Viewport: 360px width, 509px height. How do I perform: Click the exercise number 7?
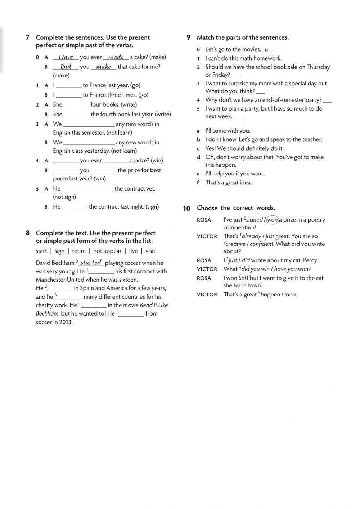(27, 37)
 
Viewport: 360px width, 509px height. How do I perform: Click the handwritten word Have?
(66, 57)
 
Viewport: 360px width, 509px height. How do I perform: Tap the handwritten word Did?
(66, 67)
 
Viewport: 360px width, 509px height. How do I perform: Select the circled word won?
(273, 220)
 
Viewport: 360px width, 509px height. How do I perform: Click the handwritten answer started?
(91, 263)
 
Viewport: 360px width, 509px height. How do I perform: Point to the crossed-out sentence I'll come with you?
(228, 131)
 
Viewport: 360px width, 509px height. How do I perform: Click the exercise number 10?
(186, 209)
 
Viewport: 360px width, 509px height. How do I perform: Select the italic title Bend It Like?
(154, 305)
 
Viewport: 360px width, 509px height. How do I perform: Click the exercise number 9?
(188, 37)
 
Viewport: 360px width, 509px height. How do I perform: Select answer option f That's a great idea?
(229, 183)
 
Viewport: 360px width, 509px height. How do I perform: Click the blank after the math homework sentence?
(287, 59)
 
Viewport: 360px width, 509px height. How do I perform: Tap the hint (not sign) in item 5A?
(64, 197)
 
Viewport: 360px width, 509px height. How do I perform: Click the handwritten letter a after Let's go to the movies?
(266, 50)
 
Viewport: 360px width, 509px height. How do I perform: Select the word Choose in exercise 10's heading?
(207, 208)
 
